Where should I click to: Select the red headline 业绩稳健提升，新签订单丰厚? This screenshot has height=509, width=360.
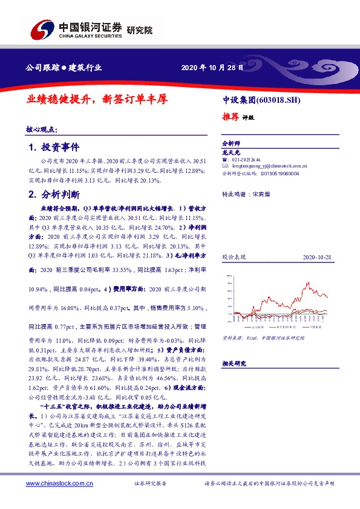97,99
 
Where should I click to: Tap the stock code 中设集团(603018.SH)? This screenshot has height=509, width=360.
258,100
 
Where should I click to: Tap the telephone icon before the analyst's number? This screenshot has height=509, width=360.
225,159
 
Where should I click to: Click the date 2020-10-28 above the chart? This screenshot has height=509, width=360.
315,257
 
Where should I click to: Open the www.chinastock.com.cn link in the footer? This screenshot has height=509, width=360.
58,483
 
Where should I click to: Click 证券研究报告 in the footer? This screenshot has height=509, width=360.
149,484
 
